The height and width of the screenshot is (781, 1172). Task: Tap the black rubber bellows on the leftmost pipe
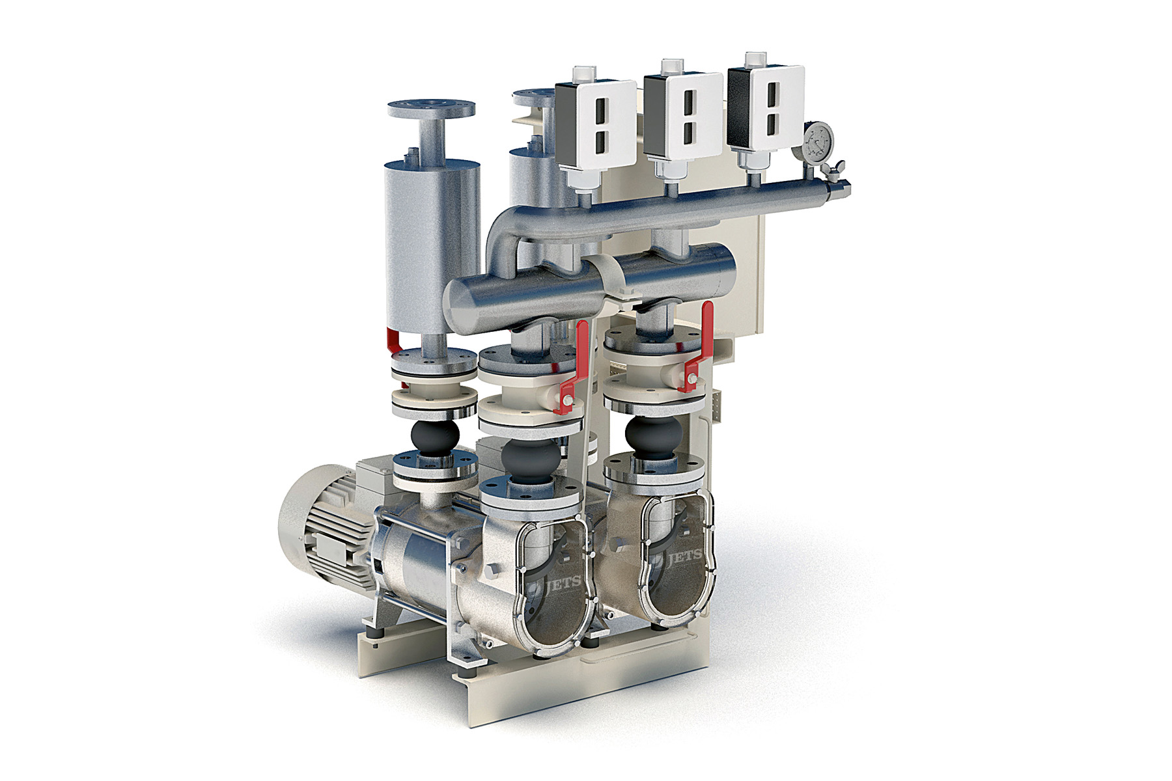pyautogui.click(x=434, y=435)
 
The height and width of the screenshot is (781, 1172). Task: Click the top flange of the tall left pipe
pyautogui.click(x=431, y=108)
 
